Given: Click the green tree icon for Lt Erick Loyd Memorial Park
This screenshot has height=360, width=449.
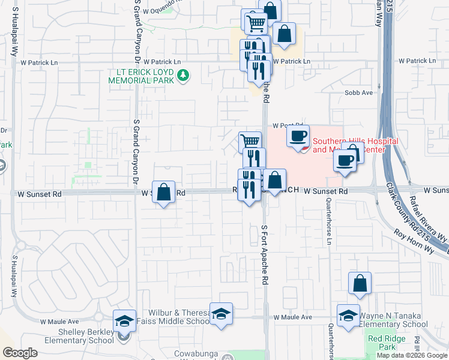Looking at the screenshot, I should [184, 76].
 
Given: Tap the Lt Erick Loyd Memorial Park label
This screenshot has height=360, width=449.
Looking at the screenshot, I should [141, 76].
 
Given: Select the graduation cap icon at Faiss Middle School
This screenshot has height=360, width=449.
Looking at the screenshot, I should [221, 314].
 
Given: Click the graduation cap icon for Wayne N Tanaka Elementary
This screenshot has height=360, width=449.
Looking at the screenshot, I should [348, 316].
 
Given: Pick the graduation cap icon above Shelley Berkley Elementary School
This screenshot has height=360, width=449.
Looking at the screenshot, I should [124, 321].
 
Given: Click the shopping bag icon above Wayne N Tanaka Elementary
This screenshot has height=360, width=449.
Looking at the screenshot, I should [360, 283].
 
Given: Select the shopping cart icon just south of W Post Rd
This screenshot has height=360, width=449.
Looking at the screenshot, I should [250, 142].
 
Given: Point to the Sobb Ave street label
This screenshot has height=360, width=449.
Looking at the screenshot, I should [359, 93].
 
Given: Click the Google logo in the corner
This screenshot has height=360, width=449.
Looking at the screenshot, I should [20, 353].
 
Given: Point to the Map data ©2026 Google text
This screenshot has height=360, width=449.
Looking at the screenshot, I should [412, 355].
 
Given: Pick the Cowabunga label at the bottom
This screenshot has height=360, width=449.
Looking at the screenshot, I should [194, 354].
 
